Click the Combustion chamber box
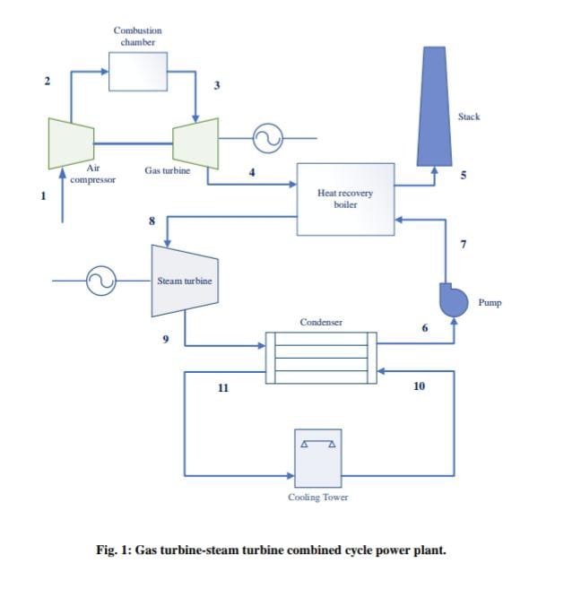tap(137, 72)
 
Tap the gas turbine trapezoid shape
tap(196, 141)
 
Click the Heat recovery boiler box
tap(345, 199)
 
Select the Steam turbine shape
tap(184, 281)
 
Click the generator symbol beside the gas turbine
tap(267, 138)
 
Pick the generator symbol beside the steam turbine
tap(100, 282)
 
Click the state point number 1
tap(41, 196)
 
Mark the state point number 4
tap(252, 172)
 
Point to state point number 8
tap(152, 221)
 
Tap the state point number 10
tap(419, 385)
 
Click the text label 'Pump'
tap(490, 303)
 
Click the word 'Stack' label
tap(469, 117)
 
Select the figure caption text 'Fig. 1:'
tap(113, 550)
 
